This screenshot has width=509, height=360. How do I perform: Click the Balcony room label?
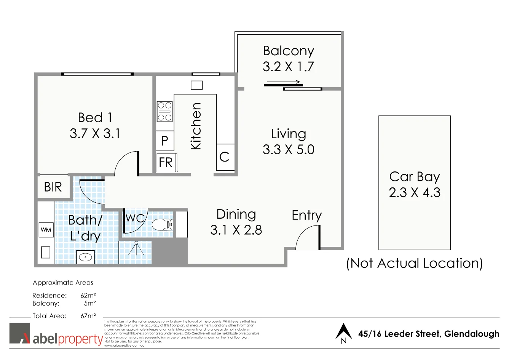point(288,51)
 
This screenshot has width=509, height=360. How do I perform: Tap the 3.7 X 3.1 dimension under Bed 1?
point(95,134)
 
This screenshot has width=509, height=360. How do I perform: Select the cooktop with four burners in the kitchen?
point(164,112)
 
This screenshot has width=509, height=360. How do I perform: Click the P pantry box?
point(164,141)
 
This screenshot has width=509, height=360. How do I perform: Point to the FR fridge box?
point(166,163)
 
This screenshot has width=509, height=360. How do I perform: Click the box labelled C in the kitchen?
point(225,157)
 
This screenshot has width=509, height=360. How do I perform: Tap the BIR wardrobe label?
point(53,187)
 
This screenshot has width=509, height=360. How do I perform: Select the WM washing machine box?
point(46,230)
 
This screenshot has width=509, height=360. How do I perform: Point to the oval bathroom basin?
point(86,257)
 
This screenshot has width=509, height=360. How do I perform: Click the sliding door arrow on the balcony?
point(284,82)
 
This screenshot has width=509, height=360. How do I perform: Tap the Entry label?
point(306,215)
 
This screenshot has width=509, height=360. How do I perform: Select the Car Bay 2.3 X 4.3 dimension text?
point(415,192)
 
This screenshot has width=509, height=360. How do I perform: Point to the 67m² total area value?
point(88,316)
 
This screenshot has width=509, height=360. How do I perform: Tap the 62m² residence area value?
point(88,296)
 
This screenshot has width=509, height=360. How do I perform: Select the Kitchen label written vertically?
point(196,126)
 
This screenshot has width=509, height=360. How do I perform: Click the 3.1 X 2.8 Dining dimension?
point(236,230)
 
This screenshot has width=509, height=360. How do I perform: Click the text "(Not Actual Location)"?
point(414,263)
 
